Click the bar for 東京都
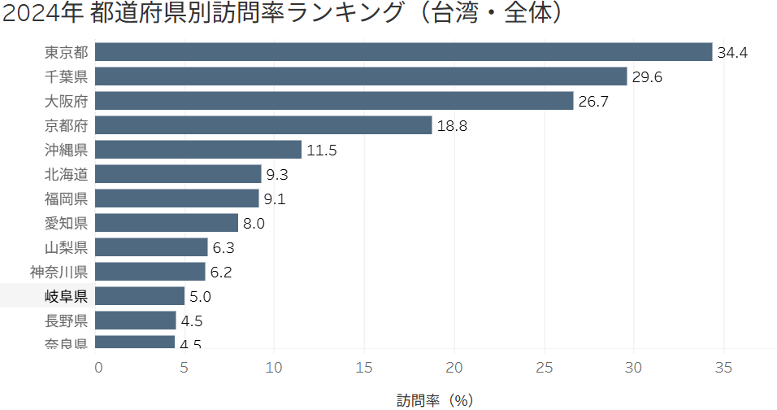pos(404,52)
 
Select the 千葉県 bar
pos(362,76)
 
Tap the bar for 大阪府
pos(335,101)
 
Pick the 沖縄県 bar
pos(199,150)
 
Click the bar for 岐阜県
pos(141,296)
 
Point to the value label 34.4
pos(732,53)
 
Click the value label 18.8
pos(452,126)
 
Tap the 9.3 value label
pos(277,175)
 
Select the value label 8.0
pos(254,224)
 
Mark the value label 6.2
pos(221,273)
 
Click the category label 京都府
pos(67,125)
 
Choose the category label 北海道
pos(67,174)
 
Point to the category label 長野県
pos(67,321)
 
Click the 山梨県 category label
pos(67,247)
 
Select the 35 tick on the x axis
pos(723,368)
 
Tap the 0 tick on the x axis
pos(98,368)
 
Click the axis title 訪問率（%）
pos(435,400)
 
